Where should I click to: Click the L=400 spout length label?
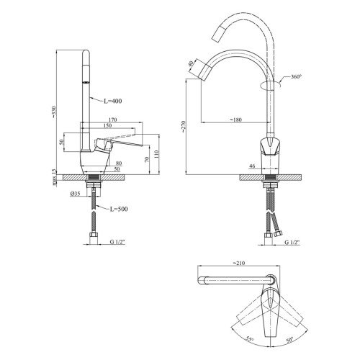(113, 101)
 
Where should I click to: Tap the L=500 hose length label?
(119, 209)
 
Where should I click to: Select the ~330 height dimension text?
(54, 112)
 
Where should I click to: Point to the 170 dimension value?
(112, 120)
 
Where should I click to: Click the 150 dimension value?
(107, 125)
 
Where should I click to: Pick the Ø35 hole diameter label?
(75, 194)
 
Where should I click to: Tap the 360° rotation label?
(296, 77)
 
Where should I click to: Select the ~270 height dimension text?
(184, 127)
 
